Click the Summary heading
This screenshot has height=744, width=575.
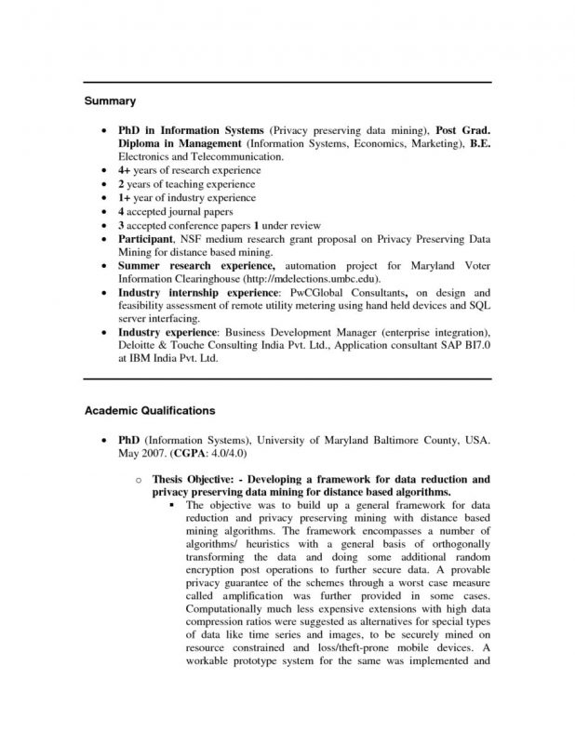point(112,100)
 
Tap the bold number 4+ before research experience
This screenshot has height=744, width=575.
point(125,171)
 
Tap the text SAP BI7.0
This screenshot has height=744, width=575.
point(473,345)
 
